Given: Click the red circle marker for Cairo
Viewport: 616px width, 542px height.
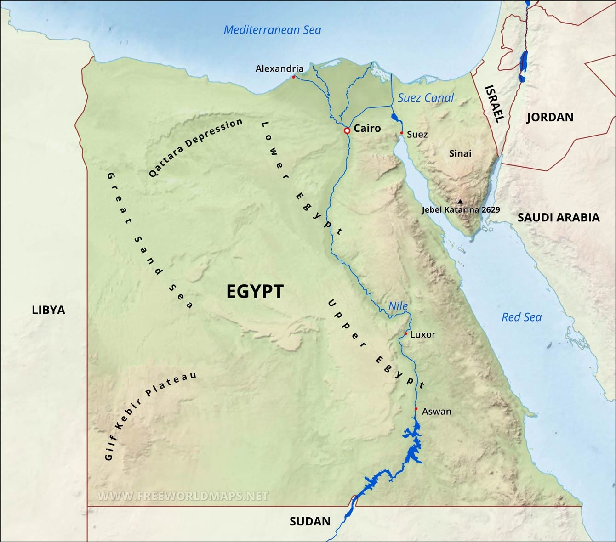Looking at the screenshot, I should [347, 131].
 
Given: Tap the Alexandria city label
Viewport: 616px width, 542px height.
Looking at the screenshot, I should [279, 69].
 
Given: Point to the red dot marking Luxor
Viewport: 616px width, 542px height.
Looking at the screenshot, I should [405, 333].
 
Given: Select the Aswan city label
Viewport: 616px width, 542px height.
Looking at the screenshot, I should [436, 412].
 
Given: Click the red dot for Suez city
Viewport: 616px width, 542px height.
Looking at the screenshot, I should [401, 133].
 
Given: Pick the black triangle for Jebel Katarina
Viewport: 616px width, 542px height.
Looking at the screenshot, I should [460, 202].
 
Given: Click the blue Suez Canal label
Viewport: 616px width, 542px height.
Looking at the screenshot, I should [425, 98].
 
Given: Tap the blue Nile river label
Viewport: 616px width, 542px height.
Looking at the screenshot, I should [398, 306].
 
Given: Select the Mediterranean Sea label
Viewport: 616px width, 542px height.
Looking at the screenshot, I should [272, 30].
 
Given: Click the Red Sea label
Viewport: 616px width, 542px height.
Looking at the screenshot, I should [521, 317].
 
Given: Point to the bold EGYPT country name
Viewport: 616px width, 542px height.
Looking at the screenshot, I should [255, 292].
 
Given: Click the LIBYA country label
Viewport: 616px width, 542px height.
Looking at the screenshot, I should [48, 310].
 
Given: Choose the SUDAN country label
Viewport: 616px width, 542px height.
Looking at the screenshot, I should [310, 521].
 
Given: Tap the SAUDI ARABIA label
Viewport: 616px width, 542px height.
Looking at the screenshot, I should [558, 218].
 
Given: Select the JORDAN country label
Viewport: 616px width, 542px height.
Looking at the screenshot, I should [550, 118].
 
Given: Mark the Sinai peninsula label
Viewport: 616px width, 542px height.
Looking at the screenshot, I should [460, 153].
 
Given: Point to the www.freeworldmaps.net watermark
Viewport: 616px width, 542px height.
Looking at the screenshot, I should [183, 496].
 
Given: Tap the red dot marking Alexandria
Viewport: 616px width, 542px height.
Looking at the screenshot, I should [293, 77].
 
